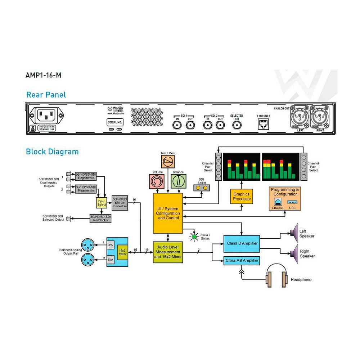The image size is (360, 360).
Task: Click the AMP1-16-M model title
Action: [x=40, y=76]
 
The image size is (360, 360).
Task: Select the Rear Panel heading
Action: [x=46, y=95]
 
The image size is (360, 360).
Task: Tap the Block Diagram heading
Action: [x=52, y=152]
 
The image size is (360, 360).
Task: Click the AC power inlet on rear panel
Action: [x=46, y=116]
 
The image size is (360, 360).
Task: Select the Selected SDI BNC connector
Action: [x=237, y=125]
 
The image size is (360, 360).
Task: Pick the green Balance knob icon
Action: [x=178, y=181]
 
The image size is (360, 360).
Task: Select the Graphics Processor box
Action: [x=242, y=196]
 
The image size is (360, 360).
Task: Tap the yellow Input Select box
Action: [x=101, y=203]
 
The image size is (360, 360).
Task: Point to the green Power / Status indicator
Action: [x=195, y=237]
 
